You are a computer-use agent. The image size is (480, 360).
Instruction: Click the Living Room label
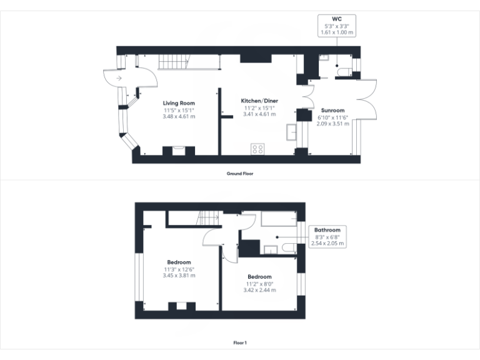(x=179, y=103)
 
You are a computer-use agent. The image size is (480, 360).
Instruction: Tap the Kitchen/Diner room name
(x=259, y=101)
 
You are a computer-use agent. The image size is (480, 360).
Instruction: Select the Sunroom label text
(x=332, y=111)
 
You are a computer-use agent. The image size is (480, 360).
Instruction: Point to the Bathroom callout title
(x=327, y=230)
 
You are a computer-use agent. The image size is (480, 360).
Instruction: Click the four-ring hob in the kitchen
(x=257, y=149)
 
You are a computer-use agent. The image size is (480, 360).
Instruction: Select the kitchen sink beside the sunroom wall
(x=292, y=132)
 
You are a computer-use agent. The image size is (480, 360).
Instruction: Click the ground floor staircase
(x=173, y=62)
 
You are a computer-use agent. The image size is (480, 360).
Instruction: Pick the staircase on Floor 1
(x=207, y=219)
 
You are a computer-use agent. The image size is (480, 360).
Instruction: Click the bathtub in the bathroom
(x=279, y=219)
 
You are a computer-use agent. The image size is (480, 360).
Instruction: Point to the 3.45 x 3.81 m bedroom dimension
(x=179, y=275)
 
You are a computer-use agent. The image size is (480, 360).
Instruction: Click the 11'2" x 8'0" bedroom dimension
(x=259, y=283)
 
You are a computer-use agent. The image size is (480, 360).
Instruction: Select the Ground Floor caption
(x=239, y=174)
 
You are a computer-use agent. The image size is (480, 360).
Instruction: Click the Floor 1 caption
(x=240, y=342)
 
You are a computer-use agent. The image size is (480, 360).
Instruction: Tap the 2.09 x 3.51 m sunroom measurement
(x=332, y=124)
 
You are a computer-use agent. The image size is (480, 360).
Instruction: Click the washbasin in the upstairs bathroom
(x=270, y=250)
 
